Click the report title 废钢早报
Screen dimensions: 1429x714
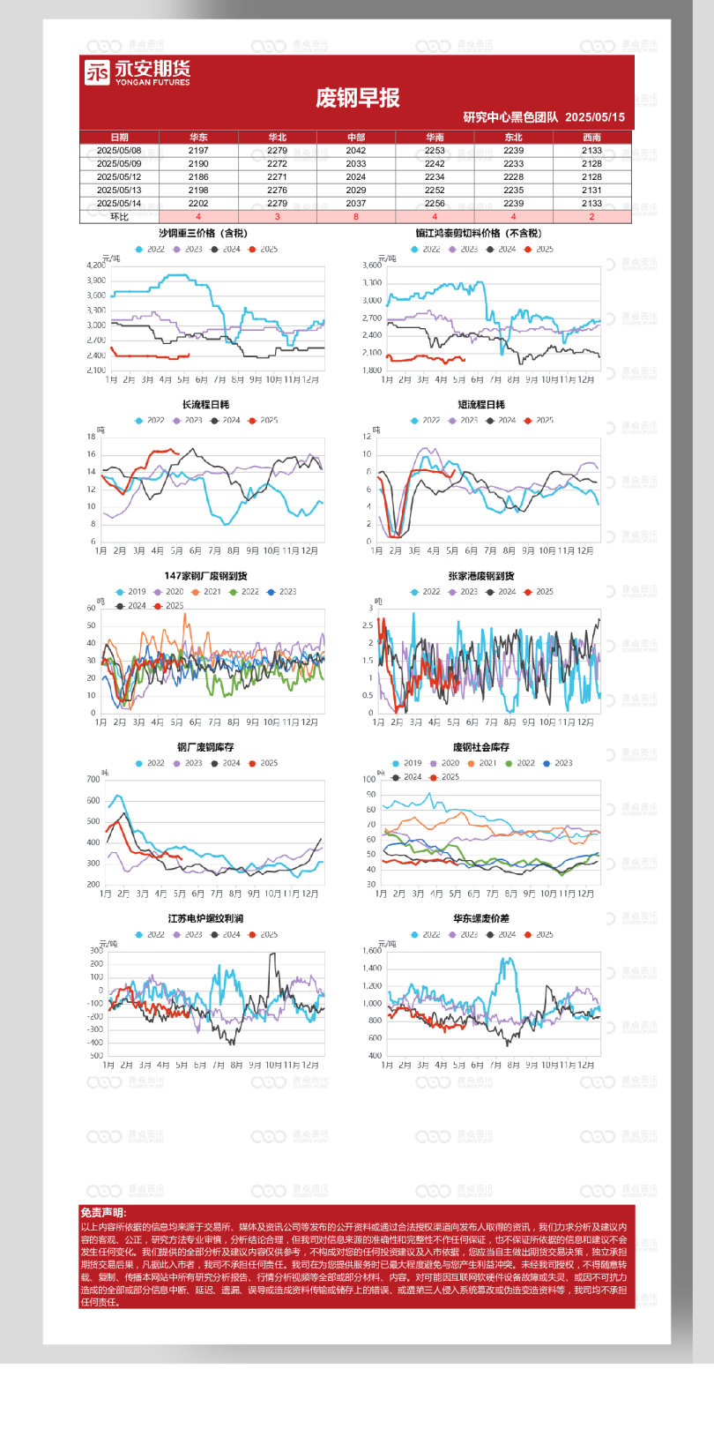tap(357, 97)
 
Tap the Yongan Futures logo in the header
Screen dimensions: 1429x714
tap(138, 72)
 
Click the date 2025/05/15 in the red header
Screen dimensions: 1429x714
tap(595, 117)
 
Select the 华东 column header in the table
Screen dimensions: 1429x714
tap(198, 138)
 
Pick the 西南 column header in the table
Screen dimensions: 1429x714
tap(591, 138)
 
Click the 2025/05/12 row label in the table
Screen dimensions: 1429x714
tap(119, 177)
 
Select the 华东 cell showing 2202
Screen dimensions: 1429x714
tap(198, 204)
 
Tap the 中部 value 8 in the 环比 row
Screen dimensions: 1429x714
tap(356, 217)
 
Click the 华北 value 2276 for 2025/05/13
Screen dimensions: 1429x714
tap(277, 191)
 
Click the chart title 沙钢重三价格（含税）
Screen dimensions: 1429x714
tap(203, 234)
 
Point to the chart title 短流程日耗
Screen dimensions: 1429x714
tap(481, 405)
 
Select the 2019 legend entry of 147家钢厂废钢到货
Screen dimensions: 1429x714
tap(131, 592)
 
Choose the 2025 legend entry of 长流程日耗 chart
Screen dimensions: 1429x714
tap(264, 421)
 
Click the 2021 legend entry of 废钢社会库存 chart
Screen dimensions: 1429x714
tap(482, 764)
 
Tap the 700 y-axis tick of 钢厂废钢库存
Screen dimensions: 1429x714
tap(93, 780)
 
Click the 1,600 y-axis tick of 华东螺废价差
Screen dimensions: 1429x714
tap(372, 951)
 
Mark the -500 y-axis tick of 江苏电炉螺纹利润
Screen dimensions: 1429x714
tap(95, 1056)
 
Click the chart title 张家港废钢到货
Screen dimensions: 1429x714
tap(481, 576)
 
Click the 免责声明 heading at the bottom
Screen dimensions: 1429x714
tap(103, 1214)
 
